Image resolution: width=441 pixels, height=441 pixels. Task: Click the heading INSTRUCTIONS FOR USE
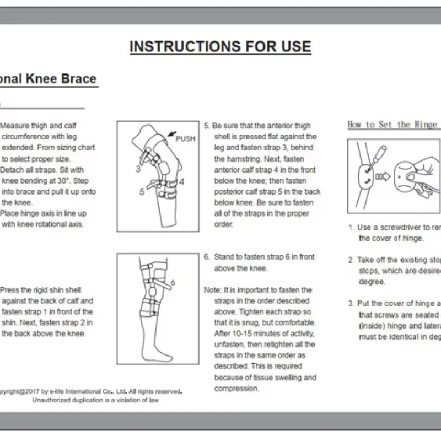(x=220, y=46)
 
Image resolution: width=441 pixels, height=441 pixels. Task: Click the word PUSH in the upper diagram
(x=185, y=139)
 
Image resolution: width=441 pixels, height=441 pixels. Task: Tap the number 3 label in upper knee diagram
(x=138, y=169)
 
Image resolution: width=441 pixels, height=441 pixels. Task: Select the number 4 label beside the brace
(x=181, y=181)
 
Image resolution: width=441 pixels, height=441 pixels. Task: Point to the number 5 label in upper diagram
(x=142, y=192)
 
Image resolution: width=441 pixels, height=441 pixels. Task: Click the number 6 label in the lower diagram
(x=173, y=283)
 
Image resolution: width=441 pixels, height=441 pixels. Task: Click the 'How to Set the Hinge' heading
(x=392, y=125)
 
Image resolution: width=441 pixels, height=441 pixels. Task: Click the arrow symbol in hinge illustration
(x=382, y=176)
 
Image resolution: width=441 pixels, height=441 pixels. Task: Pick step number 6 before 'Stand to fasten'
(x=207, y=257)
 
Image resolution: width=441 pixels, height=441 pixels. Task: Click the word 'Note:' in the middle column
(x=212, y=289)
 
